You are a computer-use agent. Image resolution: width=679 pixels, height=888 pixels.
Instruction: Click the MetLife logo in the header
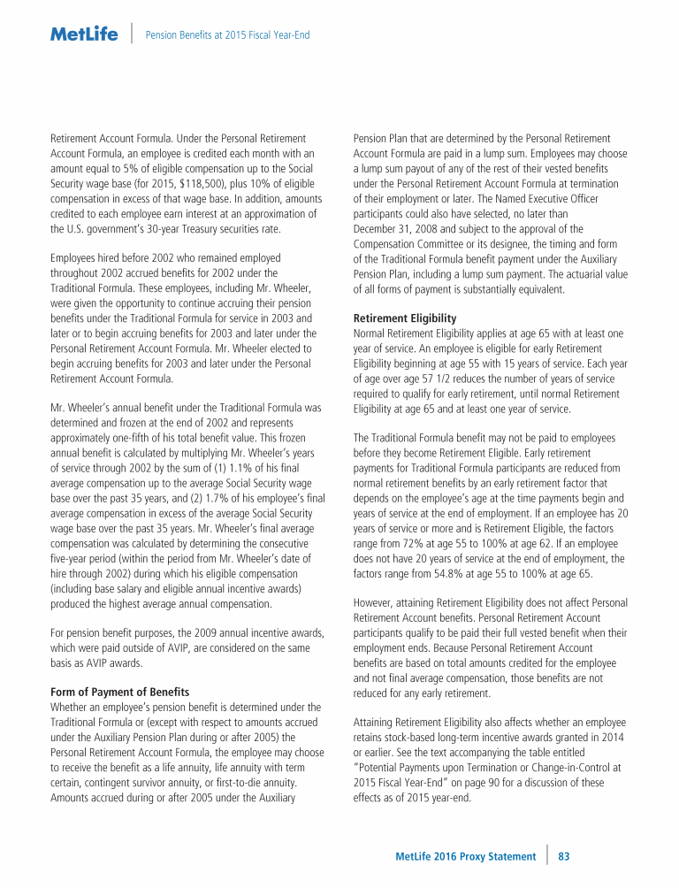click(x=84, y=35)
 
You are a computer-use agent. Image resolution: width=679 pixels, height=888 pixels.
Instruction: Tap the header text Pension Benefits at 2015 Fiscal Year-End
click(x=227, y=35)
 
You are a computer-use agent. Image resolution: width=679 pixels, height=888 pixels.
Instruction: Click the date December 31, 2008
click(x=393, y=229)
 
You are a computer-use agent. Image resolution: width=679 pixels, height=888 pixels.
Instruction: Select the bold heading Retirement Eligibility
click(x=405, y=318)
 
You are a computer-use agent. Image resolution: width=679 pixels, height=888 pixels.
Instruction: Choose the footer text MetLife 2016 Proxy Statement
click(x=465, y=856)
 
